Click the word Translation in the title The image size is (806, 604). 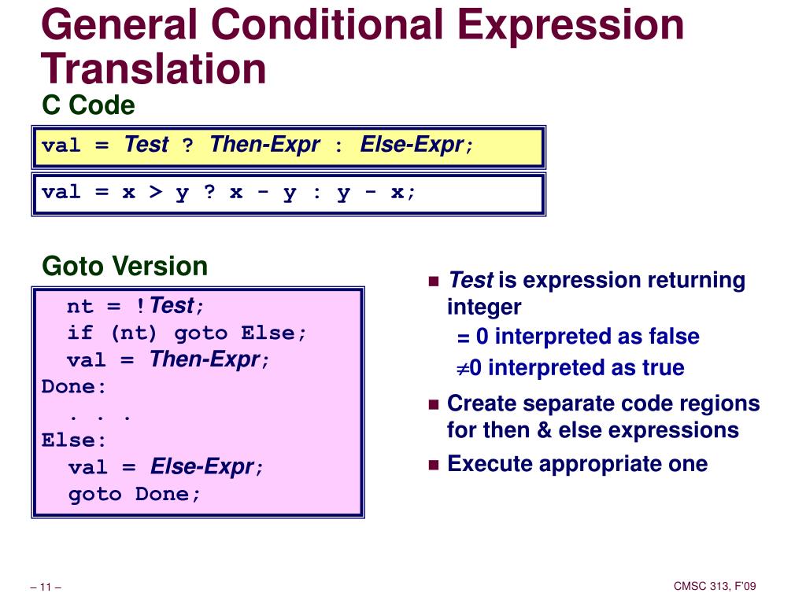pos(153,69)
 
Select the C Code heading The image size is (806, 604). pos(88,105)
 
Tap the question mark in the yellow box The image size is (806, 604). pos(187,145)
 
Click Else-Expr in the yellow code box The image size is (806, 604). pos(412,145)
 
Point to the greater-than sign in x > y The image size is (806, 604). pos(155,192)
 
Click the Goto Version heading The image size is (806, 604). pos(125,266)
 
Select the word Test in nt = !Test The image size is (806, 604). pos(172,306)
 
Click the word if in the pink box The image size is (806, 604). pos(81,333)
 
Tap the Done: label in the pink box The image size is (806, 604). pos(73,386)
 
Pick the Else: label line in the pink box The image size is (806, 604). pos(73,440)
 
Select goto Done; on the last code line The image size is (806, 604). pos(134,494)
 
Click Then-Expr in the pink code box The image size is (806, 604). pos(205,359)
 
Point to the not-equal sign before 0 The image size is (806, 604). pos(463,368)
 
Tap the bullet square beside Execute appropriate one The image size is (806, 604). pos(434,466)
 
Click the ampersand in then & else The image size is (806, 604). pos(544,430)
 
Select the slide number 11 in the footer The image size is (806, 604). pos(46,587)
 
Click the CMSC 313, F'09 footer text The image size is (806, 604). pos(715,586)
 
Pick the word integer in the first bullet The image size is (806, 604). pos(484,308)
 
